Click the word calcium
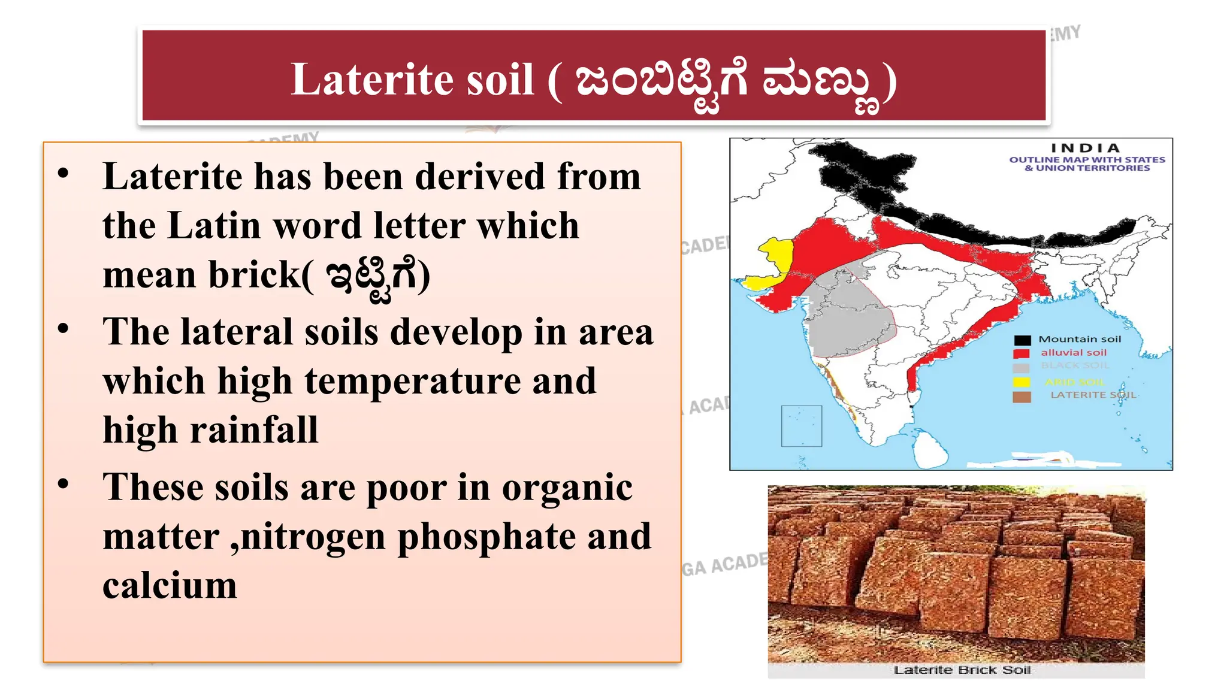pos(170,586)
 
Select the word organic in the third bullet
pos(567,487)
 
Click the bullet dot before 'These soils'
pos(64,484)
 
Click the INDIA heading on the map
pos(1086,148)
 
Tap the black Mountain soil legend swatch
pos(1022,340)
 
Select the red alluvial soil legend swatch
pos(1022,353)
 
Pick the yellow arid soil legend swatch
pos(1022,382)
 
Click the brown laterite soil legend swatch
pos(1022,397)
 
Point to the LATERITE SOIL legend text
pos(1093,395)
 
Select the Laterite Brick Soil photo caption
pos(962,670)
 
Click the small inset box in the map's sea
pos(801,426)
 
